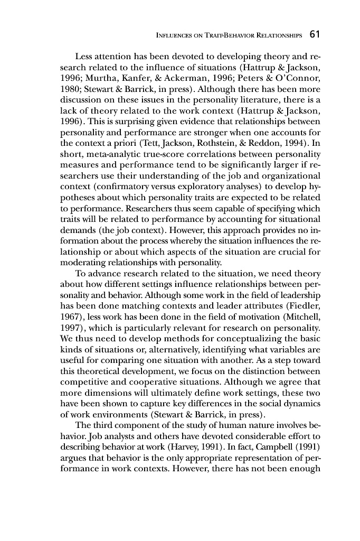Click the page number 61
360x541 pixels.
315,35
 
